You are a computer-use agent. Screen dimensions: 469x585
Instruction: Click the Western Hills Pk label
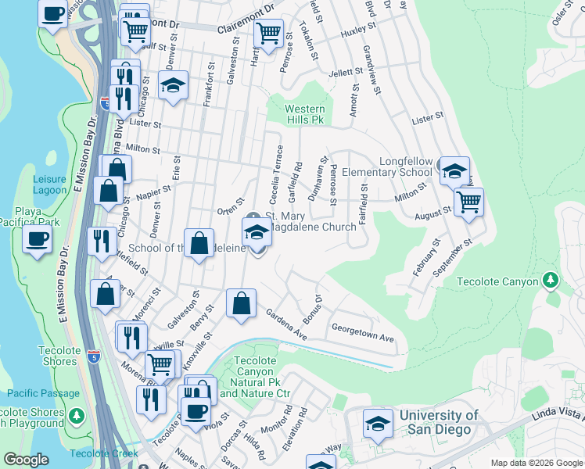[304, 114]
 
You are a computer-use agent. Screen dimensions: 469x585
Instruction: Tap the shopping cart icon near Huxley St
[269, 34]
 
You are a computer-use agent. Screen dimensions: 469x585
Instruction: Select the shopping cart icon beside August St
[468, 202]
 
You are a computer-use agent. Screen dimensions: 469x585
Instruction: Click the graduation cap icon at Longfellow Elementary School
[454, 170]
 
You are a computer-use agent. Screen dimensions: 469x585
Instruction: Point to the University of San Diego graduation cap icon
[379, 424]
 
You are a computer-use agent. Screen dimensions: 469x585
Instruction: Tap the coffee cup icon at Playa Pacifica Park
[36, 239]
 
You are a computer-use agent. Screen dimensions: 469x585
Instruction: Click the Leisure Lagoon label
[50, 184]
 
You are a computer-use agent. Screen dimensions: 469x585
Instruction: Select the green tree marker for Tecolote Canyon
[551, 280]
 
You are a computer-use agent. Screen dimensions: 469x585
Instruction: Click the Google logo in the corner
[26, 460]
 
